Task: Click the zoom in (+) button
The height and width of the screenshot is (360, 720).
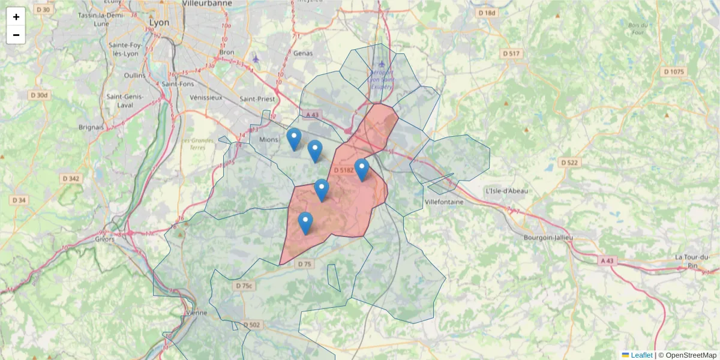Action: [16, 17]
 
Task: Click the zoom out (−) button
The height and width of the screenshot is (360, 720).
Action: [16, 35]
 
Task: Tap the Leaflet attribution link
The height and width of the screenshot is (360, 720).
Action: [641, 355]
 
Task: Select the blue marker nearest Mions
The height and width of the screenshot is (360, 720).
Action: [293, 139]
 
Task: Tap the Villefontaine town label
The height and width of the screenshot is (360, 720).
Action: [444, 202]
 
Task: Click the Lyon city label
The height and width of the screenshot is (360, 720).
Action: [159, 22]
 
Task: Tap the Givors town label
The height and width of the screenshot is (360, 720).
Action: [105, 238]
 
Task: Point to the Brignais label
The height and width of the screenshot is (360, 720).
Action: [91, 127]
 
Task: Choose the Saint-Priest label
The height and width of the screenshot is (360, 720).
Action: [256, 99]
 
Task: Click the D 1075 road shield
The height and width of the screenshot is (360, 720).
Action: [674, 72]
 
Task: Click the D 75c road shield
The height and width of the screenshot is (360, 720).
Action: [244, 286]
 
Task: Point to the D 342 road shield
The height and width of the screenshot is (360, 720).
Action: [71, 179]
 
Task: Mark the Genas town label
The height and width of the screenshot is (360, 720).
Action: [303, 53]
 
